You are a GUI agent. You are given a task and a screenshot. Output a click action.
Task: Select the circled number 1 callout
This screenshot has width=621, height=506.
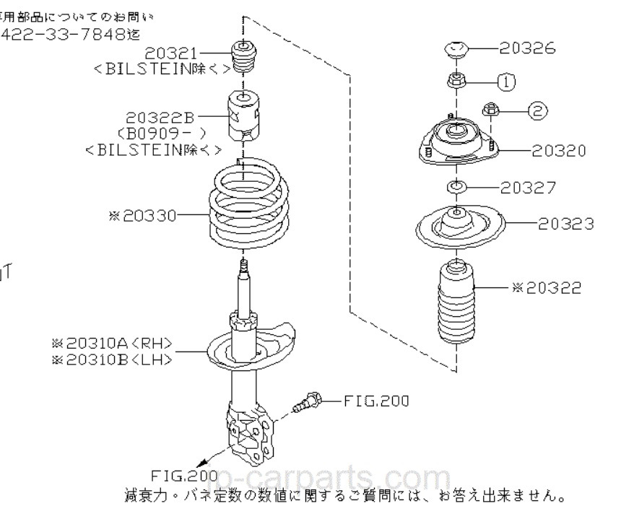click(x=507, y=82)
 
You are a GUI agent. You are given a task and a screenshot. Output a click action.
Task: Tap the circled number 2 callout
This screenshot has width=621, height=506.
click(x=537, y=110)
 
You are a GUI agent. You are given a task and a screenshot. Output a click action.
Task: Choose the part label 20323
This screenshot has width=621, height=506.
click(x=566, y=224)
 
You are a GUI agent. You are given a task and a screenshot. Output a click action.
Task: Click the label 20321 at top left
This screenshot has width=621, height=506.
click(x=170, y=53)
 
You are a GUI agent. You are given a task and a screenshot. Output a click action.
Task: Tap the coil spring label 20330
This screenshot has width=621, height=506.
click(x=145, y=214)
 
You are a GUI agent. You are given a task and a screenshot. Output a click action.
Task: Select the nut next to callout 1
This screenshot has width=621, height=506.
click(x=456, y=80)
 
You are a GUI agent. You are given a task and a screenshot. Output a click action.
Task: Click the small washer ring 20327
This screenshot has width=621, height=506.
click(x=456, y=188)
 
